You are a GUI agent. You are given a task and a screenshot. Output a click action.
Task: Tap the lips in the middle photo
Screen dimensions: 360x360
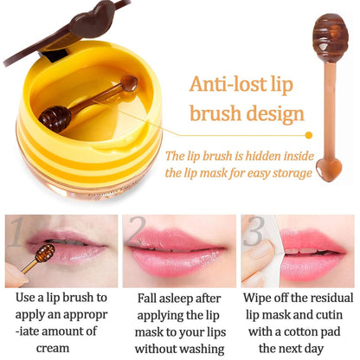coord(178,250)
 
